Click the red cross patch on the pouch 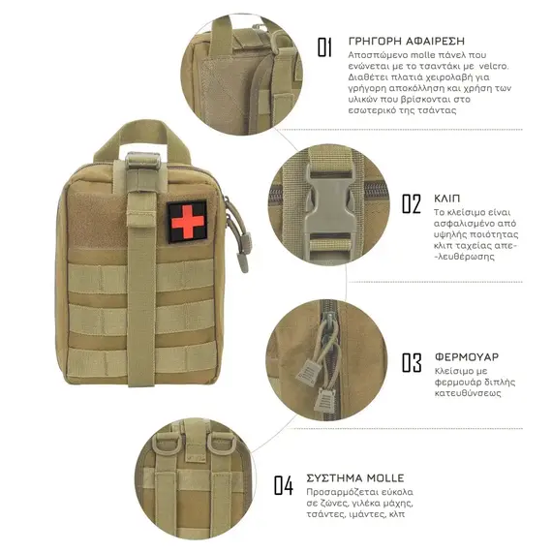click(x=187, y=222)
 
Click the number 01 click(x=324, y=47)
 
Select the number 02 click(x=412, y=203)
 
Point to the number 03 click(x=412, y=362)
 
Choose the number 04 click(x=284, y=485)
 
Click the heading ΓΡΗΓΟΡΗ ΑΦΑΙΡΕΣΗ click(x=407, y=42)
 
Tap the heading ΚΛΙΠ click(x=446, y=199)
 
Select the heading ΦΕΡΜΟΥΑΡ click(x=467, y=357)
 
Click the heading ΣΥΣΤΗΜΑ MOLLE click(x=355, y=478)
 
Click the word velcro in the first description click(x=494, y=66)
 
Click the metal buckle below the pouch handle click(x=142, y=162)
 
